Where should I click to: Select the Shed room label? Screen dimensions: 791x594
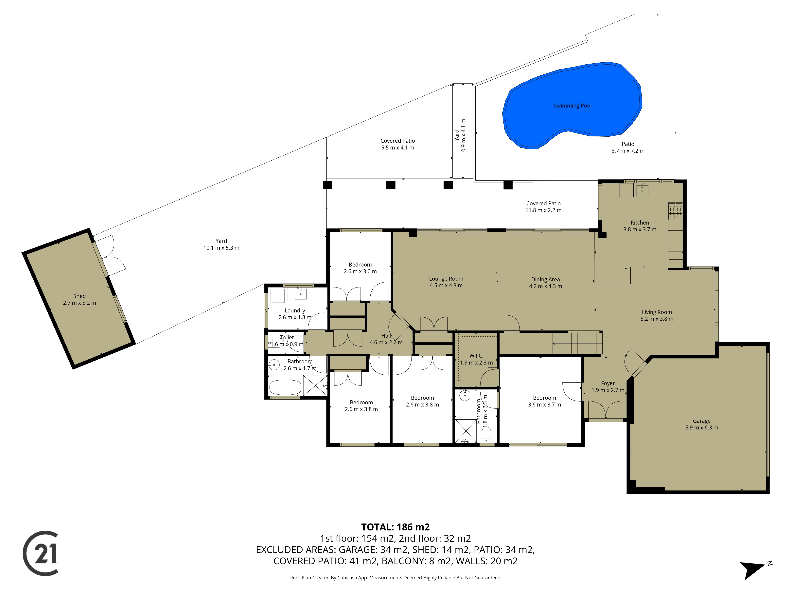click(x=79, y=296)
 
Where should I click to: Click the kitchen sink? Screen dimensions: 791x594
click(x=643, y=190)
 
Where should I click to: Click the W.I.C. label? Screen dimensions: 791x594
click(x=476, y=356)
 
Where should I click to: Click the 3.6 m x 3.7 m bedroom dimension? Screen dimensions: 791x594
click(x=544, y=405)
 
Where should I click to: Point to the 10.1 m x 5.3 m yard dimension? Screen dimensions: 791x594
click(x=221, y=248)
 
